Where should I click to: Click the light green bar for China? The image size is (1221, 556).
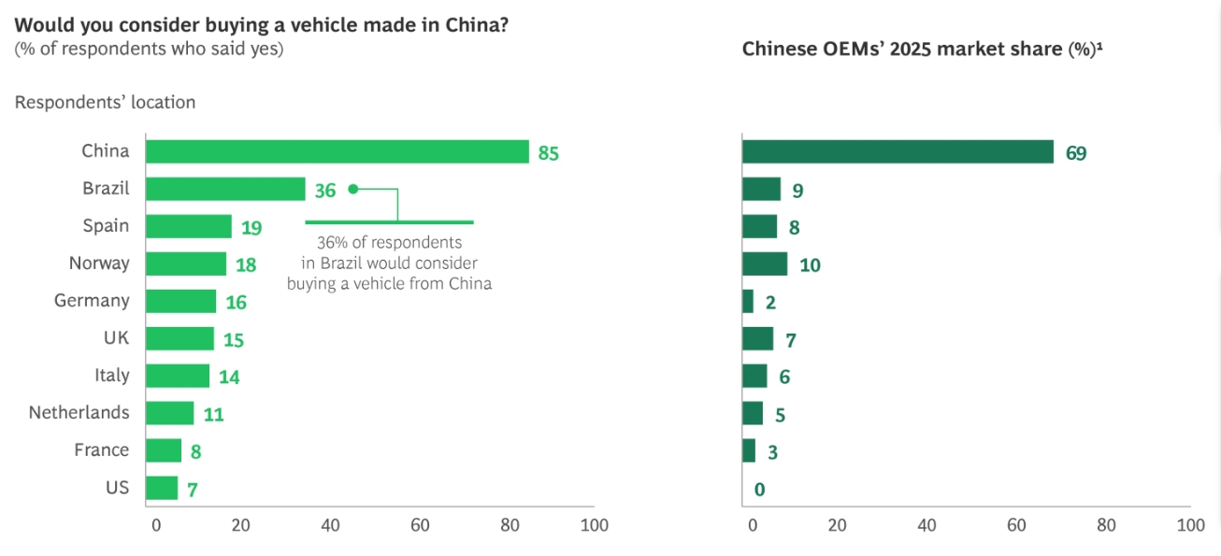(x=338, y=151)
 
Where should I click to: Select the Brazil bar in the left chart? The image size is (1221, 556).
(x=226, y=189)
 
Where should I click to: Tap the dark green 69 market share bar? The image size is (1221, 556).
(x=898, y=152)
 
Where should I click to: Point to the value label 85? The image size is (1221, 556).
(x=548, y=152)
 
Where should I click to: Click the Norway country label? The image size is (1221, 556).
(x=99, y=264)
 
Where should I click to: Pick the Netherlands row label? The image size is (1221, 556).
(x=79, y=412)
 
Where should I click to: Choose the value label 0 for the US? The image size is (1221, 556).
(x=759, y=489)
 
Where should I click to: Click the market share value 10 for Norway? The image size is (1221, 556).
(x=810, y=265)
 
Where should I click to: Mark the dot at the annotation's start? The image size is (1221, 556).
(x=352, y=189)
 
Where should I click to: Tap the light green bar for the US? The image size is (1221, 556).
(x=162, y=488)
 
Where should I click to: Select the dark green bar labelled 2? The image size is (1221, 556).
(x=748, y=302)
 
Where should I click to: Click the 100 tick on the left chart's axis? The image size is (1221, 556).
(x=594, y=525)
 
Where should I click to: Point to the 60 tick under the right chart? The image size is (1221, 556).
(x=1015, y=525)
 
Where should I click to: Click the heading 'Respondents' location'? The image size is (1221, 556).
(x=105, y=103)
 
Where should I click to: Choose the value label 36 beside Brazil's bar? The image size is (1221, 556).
(x=324, y=191)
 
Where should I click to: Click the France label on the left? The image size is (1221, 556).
(x=102, y=449)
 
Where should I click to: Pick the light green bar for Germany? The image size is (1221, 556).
(x=181, y=301)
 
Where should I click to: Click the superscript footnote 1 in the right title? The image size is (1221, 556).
(x=1099, y=46)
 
